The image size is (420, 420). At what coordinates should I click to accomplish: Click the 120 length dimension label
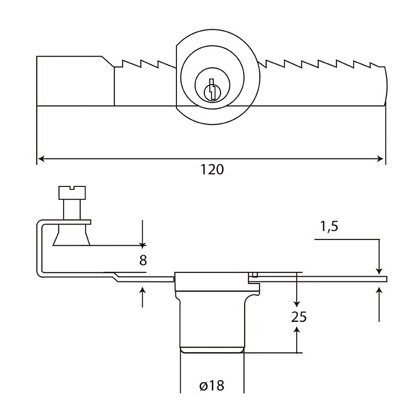tap(212, 170)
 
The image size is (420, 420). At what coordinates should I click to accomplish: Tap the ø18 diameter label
tap(212, 386)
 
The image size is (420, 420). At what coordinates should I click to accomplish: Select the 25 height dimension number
tap(299, 317)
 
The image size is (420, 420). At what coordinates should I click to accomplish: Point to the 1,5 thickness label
tap(329, 226)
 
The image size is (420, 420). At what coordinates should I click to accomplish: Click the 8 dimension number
tap(143, 260)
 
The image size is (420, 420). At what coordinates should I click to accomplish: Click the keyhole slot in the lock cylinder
tap(212, 89)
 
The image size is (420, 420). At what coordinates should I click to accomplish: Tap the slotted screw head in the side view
tap(72, 193)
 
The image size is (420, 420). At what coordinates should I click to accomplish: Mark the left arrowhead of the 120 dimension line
tap(41, 159)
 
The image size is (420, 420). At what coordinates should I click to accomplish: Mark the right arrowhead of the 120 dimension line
tap(380, 159)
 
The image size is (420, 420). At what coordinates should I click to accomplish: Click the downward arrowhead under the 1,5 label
tap(379, 270)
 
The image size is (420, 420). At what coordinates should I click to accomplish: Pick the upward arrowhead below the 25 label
tap(297, 330)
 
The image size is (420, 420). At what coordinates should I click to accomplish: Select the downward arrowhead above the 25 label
tap(297, 303)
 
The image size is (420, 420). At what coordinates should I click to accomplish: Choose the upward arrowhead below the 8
tap(142, 290)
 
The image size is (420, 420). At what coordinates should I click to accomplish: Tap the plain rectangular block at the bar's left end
tap(75, 81)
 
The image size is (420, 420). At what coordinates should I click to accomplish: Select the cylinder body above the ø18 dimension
tap(212, 326)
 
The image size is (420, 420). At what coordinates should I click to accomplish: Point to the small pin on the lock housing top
tap(255, 275)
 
